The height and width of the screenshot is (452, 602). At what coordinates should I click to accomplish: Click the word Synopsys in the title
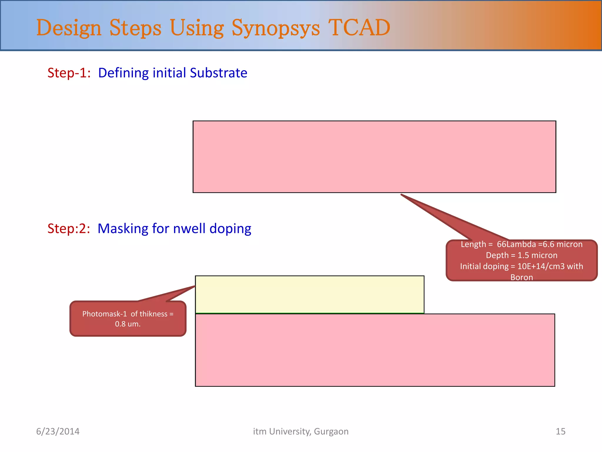pos(275,28)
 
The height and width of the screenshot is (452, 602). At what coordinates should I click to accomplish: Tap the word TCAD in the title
pos(359,28)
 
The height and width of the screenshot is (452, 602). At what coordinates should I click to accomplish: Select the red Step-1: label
pos(69,73)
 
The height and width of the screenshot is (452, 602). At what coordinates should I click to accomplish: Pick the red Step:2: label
pos(69,228)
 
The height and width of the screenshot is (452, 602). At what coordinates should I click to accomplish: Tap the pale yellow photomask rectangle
pos(310,294)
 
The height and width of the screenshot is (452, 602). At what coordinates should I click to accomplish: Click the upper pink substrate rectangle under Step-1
pos(374,157)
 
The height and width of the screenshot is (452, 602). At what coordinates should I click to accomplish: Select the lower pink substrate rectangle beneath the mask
pos(375,350)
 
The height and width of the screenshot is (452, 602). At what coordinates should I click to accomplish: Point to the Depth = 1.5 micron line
pos(521,255)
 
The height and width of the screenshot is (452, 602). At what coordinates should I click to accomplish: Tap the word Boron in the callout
pos(521,277)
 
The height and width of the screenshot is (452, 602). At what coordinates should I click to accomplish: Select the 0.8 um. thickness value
pos(128,324)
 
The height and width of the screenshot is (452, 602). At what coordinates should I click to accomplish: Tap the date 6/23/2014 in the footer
pos(58,431)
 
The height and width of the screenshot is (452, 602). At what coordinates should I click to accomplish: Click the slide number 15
pos(560,431)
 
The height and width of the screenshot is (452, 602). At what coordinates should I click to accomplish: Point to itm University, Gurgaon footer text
pos(301,431)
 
